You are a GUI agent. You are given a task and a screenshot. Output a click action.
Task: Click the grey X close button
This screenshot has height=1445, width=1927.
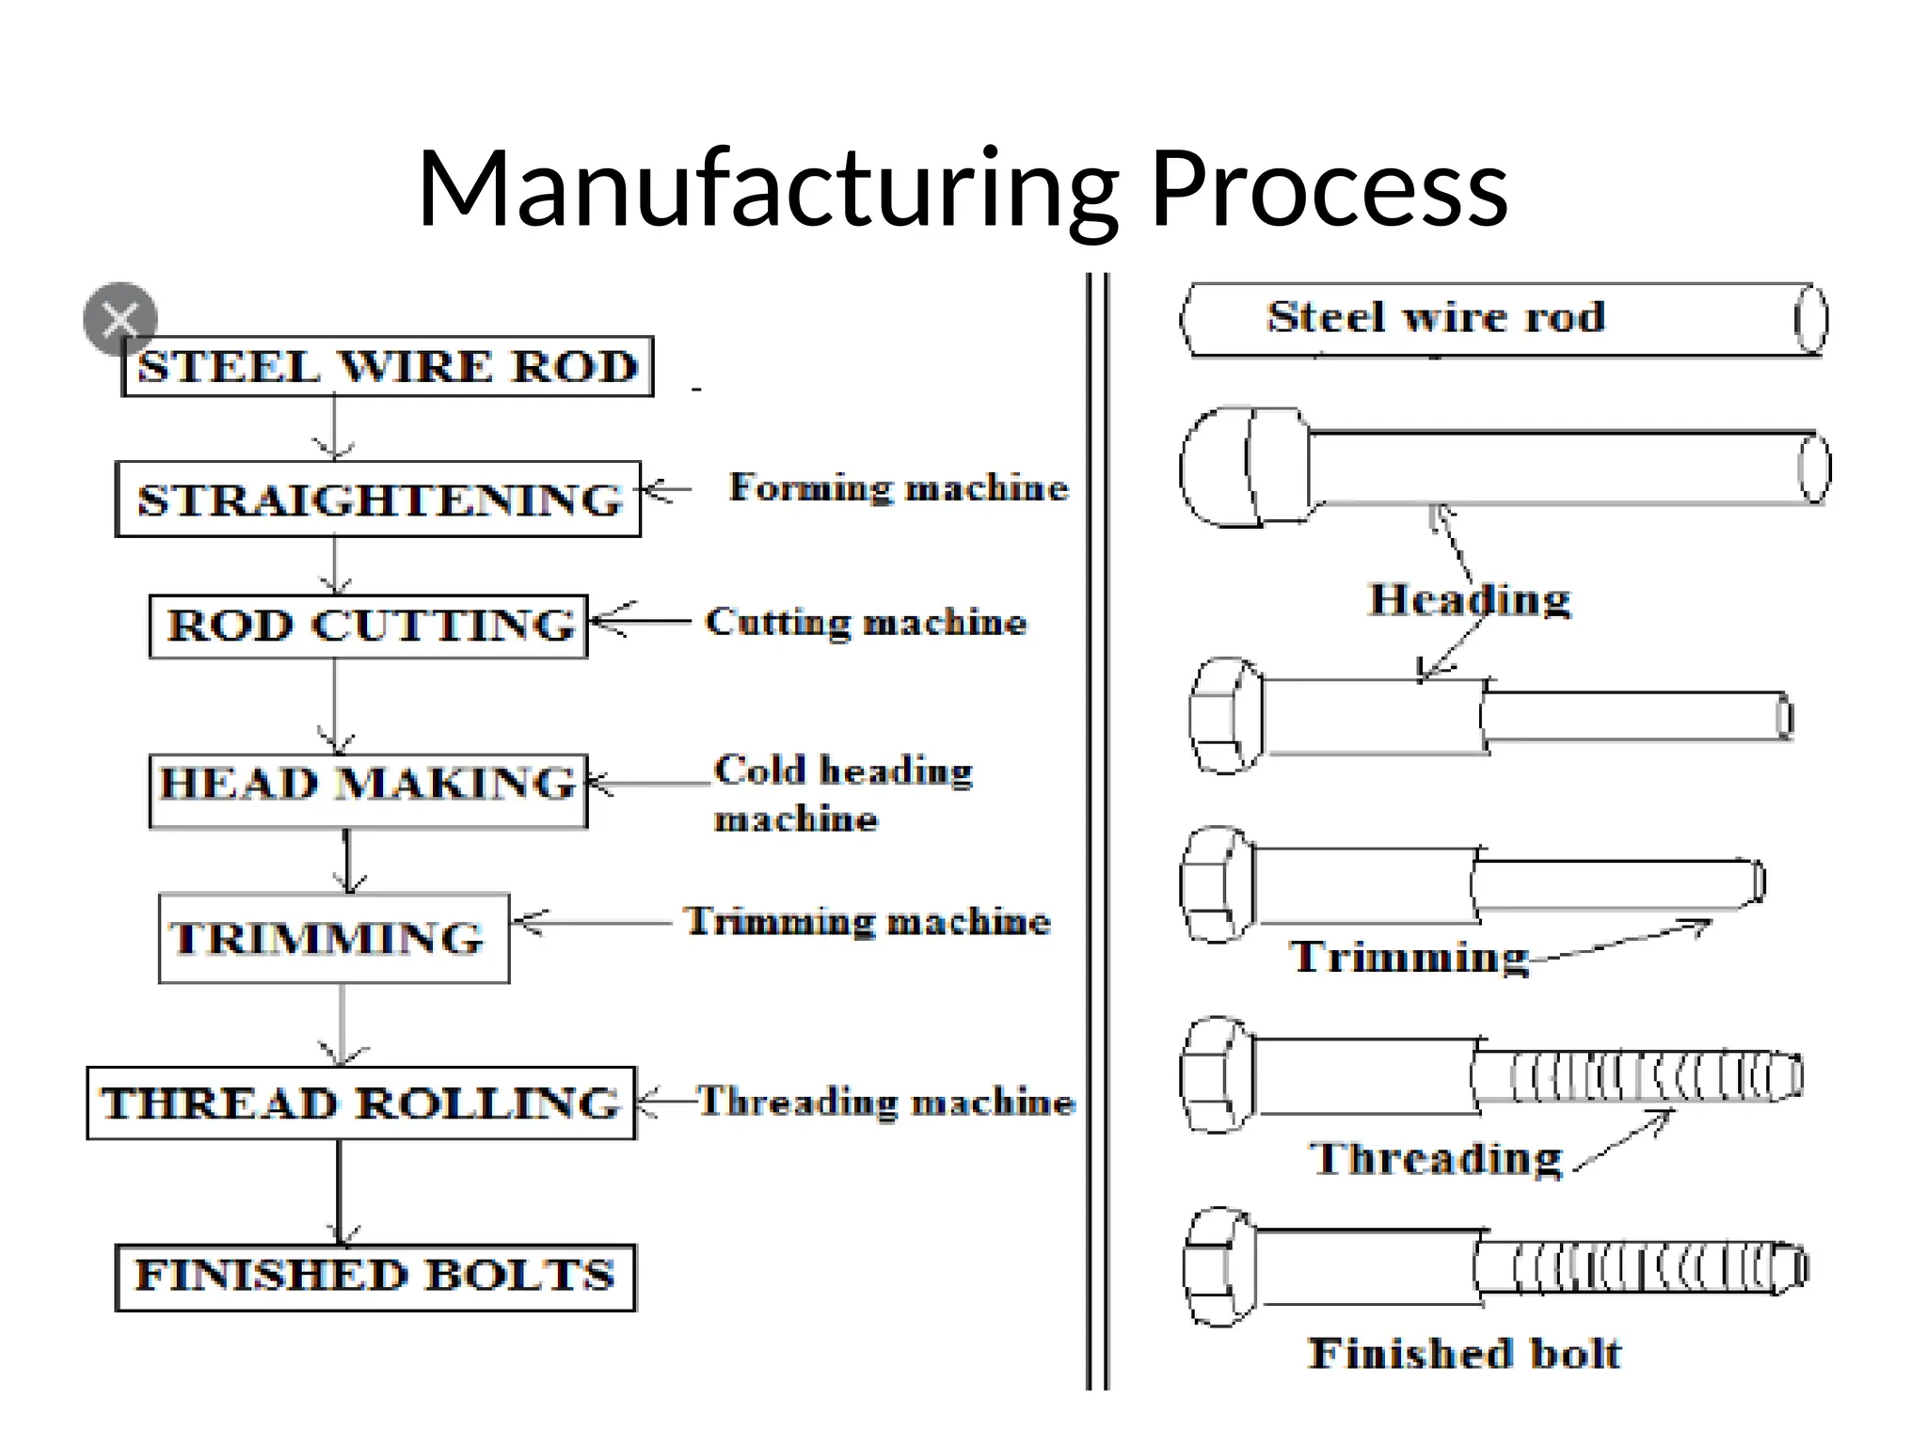119,319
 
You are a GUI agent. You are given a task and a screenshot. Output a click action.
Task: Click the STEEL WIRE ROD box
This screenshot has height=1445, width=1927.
388,367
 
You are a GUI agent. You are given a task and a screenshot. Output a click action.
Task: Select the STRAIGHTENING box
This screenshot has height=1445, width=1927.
378,500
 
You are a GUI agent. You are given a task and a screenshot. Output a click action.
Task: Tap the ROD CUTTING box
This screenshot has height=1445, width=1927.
369,627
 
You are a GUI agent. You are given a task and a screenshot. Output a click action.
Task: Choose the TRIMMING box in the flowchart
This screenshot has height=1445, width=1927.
334,938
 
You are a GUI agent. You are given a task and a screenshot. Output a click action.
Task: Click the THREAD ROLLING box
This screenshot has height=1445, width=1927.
361,1103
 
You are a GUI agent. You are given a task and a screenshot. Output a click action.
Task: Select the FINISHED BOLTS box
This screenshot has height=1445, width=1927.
375,1277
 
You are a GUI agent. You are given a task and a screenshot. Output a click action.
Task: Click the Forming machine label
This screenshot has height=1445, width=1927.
899,488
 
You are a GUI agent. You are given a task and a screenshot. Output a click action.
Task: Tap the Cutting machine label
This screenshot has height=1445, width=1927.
866,622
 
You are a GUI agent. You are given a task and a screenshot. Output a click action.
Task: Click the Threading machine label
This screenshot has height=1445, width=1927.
885,1101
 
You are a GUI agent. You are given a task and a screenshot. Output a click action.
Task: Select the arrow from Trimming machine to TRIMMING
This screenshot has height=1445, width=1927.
593,923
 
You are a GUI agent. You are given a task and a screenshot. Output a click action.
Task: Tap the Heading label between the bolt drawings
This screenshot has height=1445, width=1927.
1469,599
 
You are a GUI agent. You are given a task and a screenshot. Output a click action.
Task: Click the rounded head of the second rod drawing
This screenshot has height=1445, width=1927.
1223,468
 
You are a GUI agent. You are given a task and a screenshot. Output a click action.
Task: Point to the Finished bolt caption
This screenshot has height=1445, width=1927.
1464,1354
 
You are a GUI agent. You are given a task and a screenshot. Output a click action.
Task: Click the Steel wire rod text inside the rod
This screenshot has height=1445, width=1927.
1436,317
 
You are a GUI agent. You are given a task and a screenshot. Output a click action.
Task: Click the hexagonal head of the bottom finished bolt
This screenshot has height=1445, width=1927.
1220,1266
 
